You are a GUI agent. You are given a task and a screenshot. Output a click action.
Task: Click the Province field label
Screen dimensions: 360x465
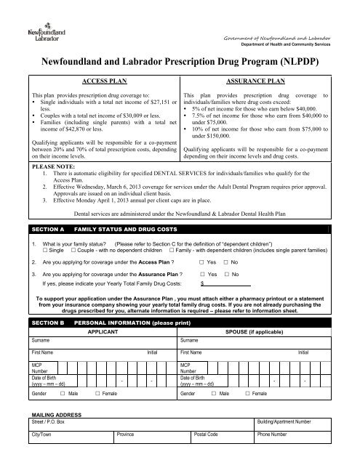pos(129,456)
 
